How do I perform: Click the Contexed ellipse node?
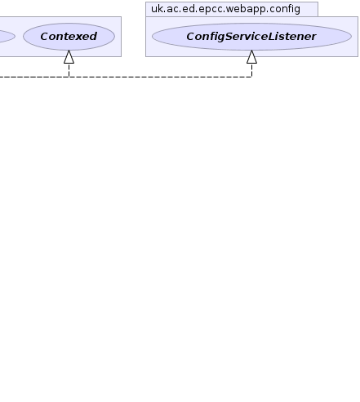click(69, 37)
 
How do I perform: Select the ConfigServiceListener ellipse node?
click(251, 37)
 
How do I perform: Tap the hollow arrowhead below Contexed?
click(69, 57)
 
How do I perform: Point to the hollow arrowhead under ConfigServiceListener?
click(251, 57)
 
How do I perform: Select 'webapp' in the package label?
click(246, 10)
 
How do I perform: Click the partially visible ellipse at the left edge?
click(7, 37)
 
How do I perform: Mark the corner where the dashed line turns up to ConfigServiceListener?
click(251, 77)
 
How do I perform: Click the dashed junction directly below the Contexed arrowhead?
click(69, 77)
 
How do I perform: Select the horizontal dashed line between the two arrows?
click(160, 77)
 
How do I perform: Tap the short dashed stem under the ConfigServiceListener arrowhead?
click(251, 70)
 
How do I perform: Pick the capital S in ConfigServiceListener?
click(230, 37)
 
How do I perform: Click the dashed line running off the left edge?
click(34, 77)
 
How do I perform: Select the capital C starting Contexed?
click(45, 37)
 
